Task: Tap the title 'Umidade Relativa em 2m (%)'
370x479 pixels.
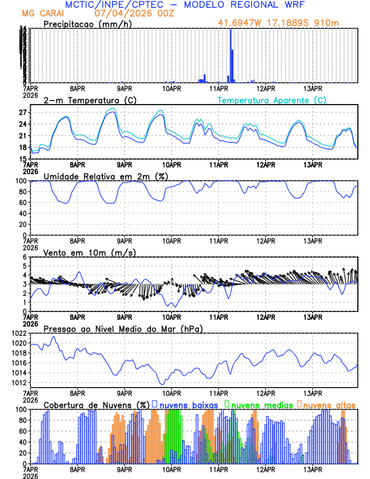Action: click(102, 176)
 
